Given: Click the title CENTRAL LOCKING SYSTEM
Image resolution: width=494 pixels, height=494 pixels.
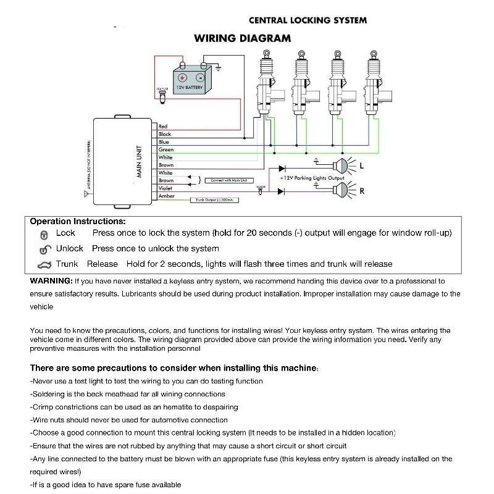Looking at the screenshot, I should [308, 20].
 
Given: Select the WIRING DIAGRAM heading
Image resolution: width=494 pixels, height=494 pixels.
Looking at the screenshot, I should [243, 38].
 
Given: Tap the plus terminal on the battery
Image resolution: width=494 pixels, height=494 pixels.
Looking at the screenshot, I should [182, 78].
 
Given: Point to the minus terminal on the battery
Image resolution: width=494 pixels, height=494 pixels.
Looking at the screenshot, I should [200, 78].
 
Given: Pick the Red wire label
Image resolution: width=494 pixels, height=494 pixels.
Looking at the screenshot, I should [163, 127].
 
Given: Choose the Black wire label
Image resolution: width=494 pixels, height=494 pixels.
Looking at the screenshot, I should [165, 134].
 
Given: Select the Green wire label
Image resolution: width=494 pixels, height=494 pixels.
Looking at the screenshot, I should [166, 149].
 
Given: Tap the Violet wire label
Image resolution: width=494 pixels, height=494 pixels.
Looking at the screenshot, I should [165, 188].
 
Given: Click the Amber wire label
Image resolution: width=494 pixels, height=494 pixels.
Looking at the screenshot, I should [167, 196].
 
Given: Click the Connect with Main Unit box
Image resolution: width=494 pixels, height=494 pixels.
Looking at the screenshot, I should [228, 180].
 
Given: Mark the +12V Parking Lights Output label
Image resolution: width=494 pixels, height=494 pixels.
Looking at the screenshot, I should [311, 178].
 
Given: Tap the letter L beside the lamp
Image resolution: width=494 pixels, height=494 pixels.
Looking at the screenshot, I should [361, 167].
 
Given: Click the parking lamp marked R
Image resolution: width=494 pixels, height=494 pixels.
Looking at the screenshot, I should [339, 190].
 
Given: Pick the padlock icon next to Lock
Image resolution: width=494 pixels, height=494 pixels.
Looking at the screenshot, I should [44, 235].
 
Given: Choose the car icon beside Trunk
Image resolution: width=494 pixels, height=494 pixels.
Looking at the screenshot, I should [44, 265].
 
